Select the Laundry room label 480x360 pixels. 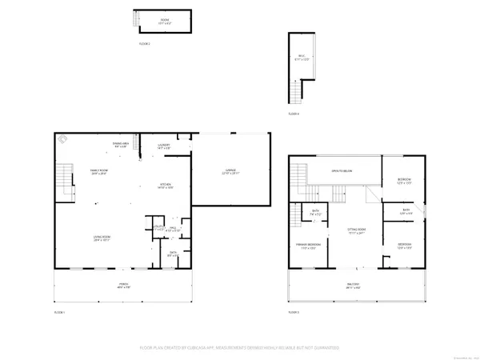click(x=163, y=146)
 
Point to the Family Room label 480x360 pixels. click(x=98, y=174)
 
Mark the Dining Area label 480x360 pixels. click(x=121, y=145)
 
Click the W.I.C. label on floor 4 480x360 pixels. click(x=301, y=57)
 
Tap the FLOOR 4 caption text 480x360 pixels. click(x=293, y=114)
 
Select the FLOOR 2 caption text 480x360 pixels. click(x=145, y=43)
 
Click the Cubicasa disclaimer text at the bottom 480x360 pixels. click(x=240, y=347)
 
